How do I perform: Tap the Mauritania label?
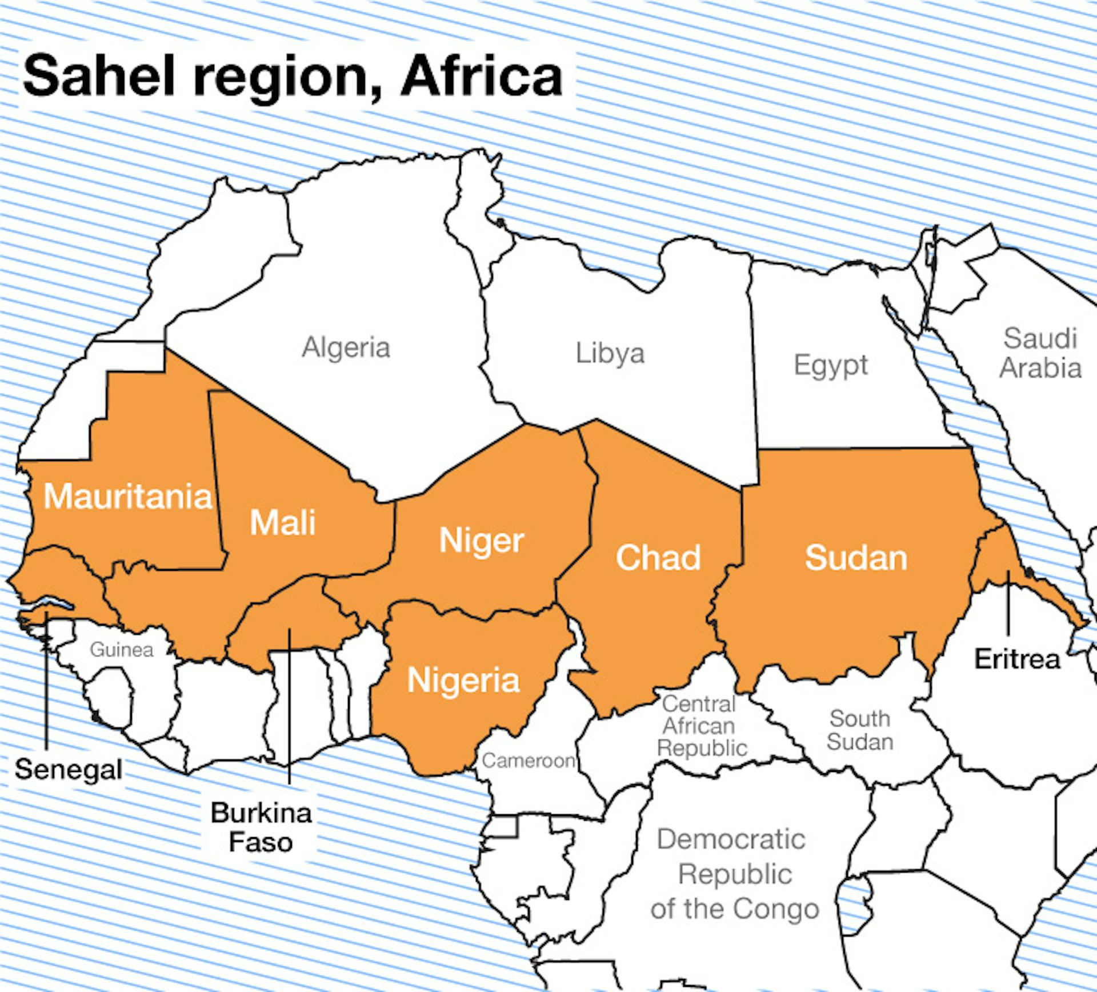(127, 496)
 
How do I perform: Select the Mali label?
(283, 522)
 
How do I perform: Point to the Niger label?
(481, 541)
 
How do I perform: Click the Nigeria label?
(463, 681)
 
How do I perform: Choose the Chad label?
(658, 558)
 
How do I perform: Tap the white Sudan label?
(856, 558)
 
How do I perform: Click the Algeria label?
(346, 347)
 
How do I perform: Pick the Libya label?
(610, 353)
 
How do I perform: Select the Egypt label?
(831, 365)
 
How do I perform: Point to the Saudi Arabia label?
(1040, 353)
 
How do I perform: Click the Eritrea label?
(1017, 659)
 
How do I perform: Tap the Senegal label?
(69, 770)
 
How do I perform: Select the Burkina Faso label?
(261, 827)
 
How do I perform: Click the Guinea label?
(122, 650)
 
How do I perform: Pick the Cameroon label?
(528, 761)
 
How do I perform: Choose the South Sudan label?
(860, 730)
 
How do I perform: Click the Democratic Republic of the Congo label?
(734, 874)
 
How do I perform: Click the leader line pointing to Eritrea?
(1008, 606)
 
